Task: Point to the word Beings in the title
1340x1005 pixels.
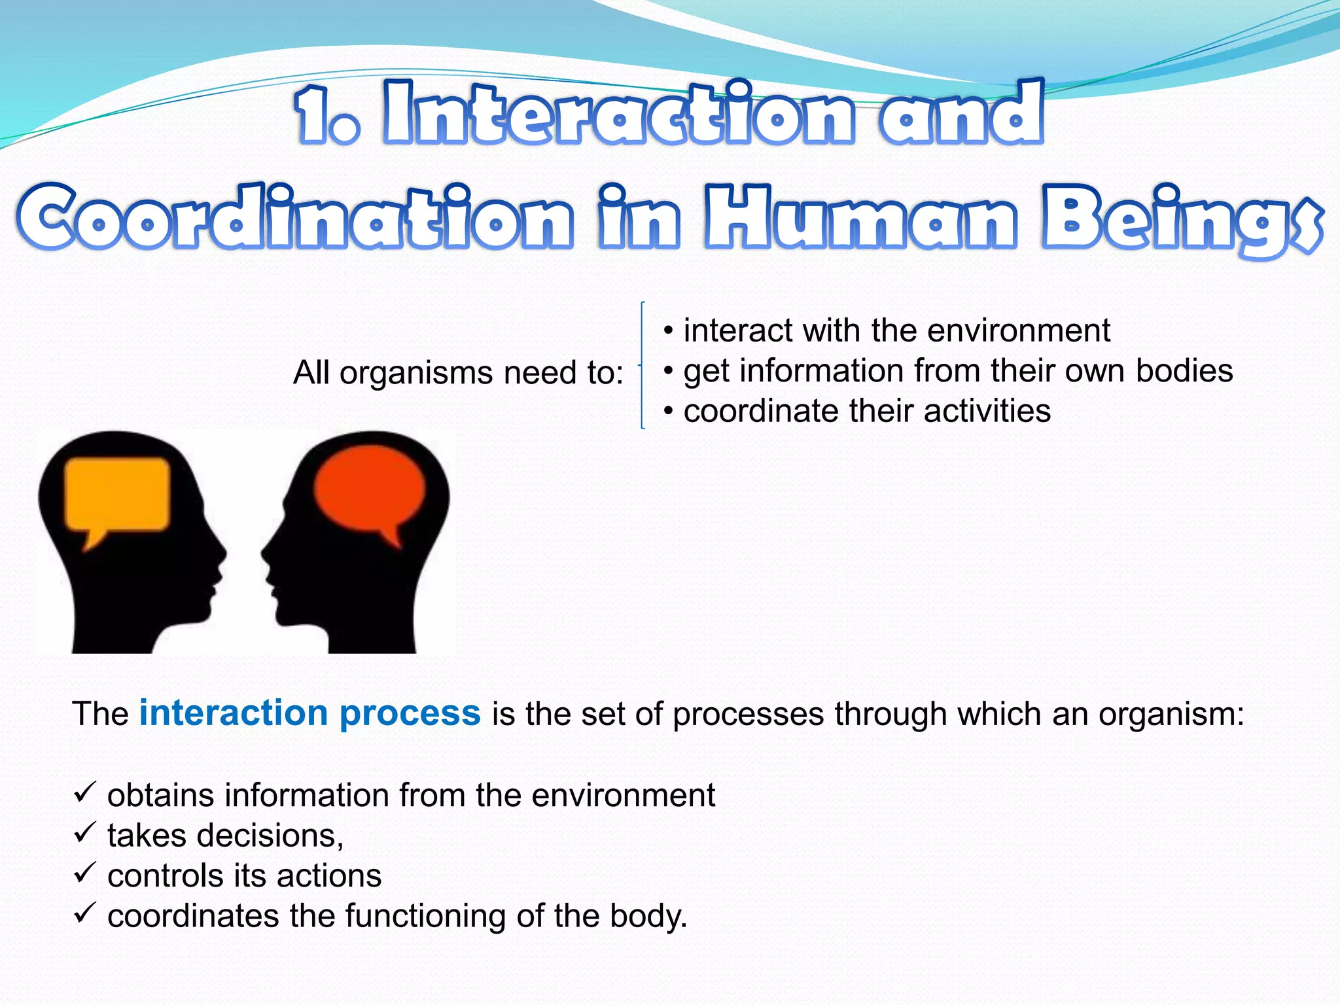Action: tap(1178, 219)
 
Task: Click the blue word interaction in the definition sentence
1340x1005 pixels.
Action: tap(233, 713)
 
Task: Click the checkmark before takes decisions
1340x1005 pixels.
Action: tap(85, 833)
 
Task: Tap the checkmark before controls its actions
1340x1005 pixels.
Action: tap(85, 873)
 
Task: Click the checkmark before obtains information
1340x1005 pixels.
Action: tap(85, 792)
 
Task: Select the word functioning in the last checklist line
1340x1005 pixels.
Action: tap(425, 916)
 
